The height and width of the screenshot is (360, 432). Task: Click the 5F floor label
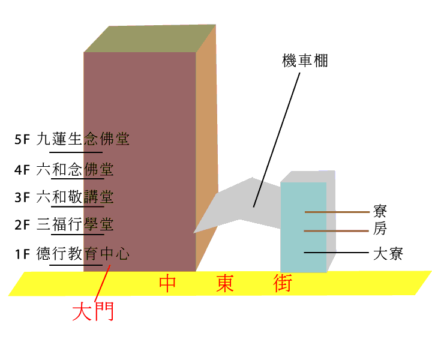22,139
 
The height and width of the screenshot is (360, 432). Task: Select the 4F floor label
22,170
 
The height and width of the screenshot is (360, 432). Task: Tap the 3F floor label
22,197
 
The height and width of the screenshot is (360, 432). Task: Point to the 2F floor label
22,225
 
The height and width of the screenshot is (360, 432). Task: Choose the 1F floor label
22,254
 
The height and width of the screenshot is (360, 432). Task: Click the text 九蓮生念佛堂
83,139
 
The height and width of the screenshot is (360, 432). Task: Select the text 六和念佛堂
75,169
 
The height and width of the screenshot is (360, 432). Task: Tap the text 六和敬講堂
75,197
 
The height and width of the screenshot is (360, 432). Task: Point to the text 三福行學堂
75,224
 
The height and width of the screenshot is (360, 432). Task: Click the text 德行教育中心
83,253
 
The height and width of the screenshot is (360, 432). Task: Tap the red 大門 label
93,311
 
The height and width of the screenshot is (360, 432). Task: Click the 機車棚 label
305,61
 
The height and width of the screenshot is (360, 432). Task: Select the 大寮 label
388,254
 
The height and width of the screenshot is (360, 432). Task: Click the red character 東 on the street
225,283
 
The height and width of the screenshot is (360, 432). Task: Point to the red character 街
283,283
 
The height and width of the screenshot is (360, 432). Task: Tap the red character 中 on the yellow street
167,283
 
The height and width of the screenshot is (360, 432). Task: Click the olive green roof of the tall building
150,38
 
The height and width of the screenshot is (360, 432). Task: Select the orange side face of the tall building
206,143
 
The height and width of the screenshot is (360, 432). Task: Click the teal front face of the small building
304,227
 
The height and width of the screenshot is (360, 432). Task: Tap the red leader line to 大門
102,283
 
